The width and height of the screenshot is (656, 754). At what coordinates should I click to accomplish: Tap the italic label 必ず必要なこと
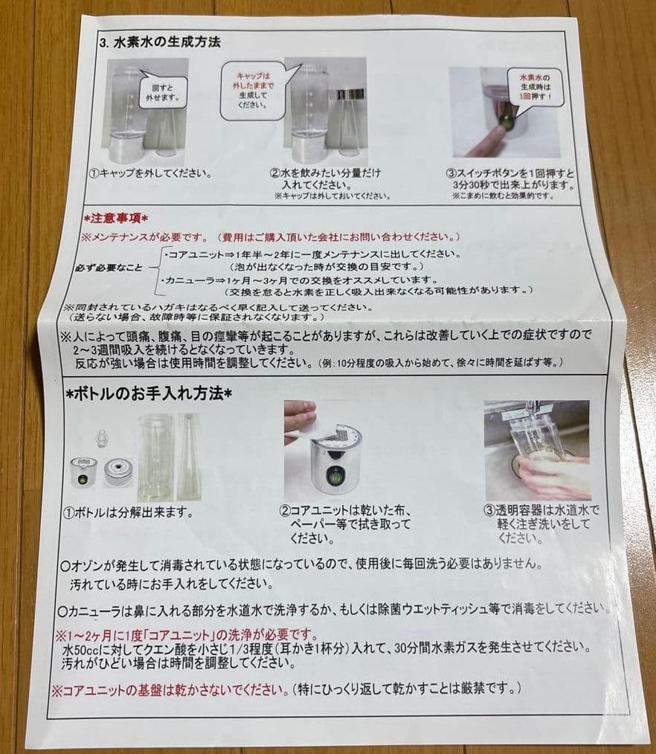point(109,266)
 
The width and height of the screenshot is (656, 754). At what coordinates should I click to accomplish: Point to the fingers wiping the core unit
point(300,415)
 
